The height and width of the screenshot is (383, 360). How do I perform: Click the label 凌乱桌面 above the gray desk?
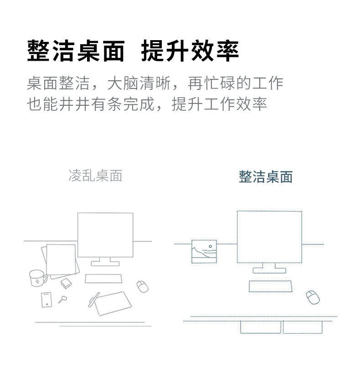(x=95, y=176)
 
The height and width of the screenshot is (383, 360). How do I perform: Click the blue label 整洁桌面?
(x=266, y=177)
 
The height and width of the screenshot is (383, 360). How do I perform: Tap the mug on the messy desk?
(x=37, y=278)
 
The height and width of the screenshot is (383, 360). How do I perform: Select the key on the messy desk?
(x=62, y=300)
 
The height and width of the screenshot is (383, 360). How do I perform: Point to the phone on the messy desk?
(x=46, y=299)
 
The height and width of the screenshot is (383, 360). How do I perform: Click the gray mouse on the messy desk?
(x=143, y=286)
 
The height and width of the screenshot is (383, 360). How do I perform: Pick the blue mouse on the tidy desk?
(x=313, y=297)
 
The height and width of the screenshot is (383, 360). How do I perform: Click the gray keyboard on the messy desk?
(x=103, y=278)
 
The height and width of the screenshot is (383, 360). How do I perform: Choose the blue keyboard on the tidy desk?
(x=270, y=286)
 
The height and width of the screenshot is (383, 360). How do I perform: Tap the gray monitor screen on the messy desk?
(x=105, y=234)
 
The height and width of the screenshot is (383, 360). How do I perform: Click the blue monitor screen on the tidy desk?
(x=269, y=236)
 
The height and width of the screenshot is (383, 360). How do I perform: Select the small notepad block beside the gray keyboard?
(x=66, y=283)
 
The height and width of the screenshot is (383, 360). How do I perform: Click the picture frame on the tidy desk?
(x=204, y=251)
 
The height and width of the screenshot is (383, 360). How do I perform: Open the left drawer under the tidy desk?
(x=261, y=327)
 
